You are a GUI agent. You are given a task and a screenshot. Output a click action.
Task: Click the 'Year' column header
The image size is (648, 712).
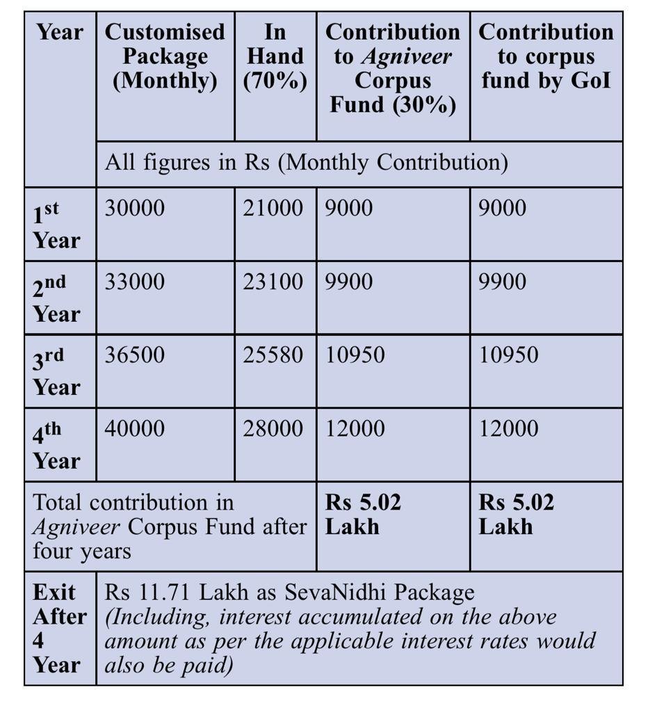coord(59,32)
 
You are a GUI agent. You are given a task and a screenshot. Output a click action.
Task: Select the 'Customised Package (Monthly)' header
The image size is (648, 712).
coord(165,56)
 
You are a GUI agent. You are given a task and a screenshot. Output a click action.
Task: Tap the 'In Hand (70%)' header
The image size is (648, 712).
coord(275,56)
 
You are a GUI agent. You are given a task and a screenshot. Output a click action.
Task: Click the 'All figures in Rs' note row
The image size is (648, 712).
coord(306,163)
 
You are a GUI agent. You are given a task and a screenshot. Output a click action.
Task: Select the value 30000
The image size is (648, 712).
coord(135,208)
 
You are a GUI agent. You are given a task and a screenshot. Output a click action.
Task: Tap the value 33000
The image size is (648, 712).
coord(135,282)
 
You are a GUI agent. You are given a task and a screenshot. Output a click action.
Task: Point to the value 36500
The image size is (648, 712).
coord(135,355)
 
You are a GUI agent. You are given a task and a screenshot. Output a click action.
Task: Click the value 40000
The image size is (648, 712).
coord(135,428)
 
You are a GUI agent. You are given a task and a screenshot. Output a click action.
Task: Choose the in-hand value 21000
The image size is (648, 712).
coord(273,208)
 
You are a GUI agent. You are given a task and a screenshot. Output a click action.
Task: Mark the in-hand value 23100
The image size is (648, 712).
coord(273,282)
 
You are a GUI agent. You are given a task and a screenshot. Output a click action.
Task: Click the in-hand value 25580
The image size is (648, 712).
coord(273,355)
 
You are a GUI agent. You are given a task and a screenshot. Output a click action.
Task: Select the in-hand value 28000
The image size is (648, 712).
coord(273,428)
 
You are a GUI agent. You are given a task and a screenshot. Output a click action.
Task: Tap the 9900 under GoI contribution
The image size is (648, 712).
coord(503,282)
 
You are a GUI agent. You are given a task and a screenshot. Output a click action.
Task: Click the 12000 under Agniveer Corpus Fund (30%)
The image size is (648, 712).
coord(355,428)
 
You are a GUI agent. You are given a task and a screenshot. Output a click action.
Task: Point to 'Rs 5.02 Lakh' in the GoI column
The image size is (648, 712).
coord(516,515)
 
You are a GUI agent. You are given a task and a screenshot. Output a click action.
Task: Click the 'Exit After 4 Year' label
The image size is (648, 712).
coord(59,629)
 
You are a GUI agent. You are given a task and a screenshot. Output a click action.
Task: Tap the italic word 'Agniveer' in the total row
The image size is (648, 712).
coord(76,527)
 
